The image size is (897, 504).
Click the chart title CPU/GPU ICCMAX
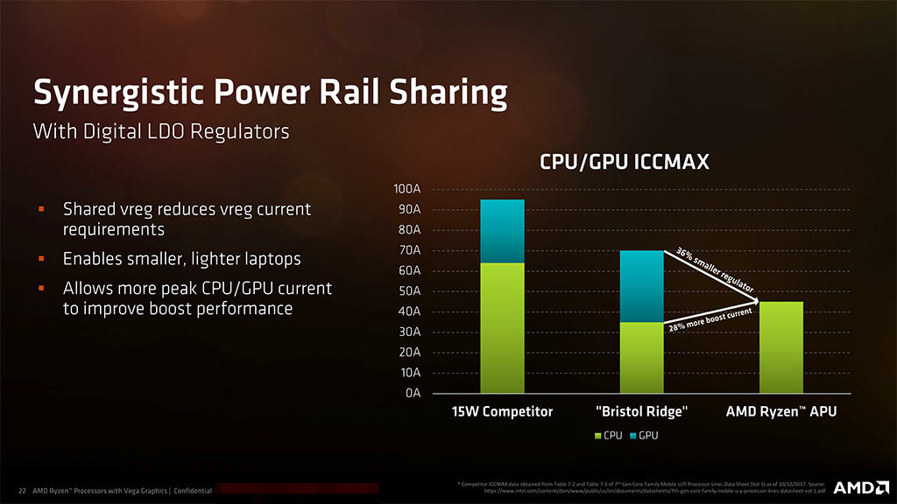click(624, 161)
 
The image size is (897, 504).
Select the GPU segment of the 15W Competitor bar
click(502, 231)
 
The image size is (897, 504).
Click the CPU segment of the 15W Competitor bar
click(502, 327)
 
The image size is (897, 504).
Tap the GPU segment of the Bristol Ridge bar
click(641, 286)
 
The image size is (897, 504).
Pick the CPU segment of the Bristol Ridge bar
click(641, 357)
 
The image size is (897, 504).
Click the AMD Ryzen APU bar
click(780, 347)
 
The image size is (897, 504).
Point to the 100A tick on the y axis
click(408, 190)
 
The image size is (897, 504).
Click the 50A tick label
click(411, 291)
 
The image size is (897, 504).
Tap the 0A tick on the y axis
click(413, 393)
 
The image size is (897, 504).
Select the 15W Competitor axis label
click(502, 411)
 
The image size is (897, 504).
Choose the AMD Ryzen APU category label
click(781, 411)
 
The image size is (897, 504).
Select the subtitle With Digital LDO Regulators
click(160, 132)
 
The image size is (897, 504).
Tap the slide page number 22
click(22, 491)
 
